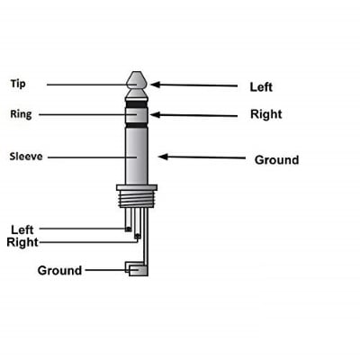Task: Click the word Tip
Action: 18,84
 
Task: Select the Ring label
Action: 21,114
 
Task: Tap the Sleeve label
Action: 26,157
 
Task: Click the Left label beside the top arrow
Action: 261,87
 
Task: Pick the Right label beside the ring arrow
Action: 266,114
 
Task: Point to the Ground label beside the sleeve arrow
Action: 276,160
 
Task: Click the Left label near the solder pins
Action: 22,229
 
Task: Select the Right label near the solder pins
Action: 22,242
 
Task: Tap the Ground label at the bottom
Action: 59,270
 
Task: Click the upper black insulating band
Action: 137,104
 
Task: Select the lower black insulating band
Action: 137,125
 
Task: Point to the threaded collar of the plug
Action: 137,199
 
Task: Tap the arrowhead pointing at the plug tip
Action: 155,85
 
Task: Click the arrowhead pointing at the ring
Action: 155,114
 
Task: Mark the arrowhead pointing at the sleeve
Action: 163,157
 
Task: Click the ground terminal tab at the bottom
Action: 137,269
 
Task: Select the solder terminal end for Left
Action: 129,229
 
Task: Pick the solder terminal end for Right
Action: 138,237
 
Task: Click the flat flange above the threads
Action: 137,188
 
